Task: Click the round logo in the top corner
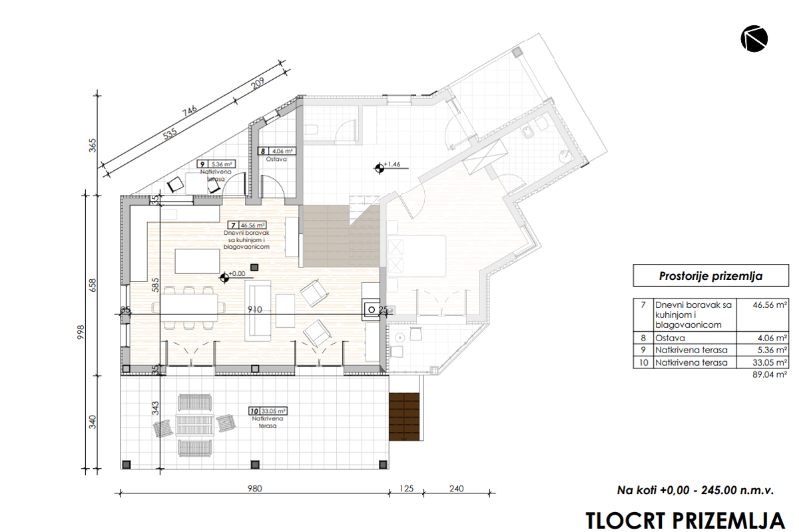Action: coord(754,39)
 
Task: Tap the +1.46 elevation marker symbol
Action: coord(380,168)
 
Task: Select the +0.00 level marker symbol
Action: coord(224,277)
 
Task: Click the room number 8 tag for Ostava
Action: coord(263,151)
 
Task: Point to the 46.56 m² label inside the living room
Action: coord(253,225)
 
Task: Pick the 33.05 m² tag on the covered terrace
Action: coord(273,411)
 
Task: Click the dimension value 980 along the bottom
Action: coord(254,488)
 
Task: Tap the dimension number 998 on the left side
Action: coord(81,332)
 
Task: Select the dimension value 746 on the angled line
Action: coord(190,111)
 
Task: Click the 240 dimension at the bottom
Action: coord(456,488)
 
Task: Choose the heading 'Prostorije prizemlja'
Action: coord(710,276)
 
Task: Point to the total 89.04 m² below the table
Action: coord(770,374)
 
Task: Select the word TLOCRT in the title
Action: coord(626,521)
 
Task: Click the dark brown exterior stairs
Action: coord(404,417)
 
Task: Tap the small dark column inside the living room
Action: coord(254,267)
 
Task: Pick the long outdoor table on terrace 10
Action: coord(194,425)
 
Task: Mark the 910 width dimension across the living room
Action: coord(254,310)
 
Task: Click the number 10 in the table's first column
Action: coord(643,362)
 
